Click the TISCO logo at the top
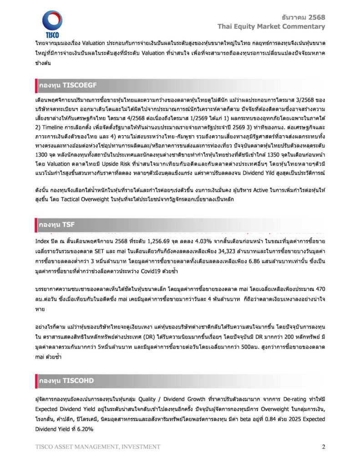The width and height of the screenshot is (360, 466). [52, 24]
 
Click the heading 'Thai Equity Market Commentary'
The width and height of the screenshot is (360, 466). [271, 26]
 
